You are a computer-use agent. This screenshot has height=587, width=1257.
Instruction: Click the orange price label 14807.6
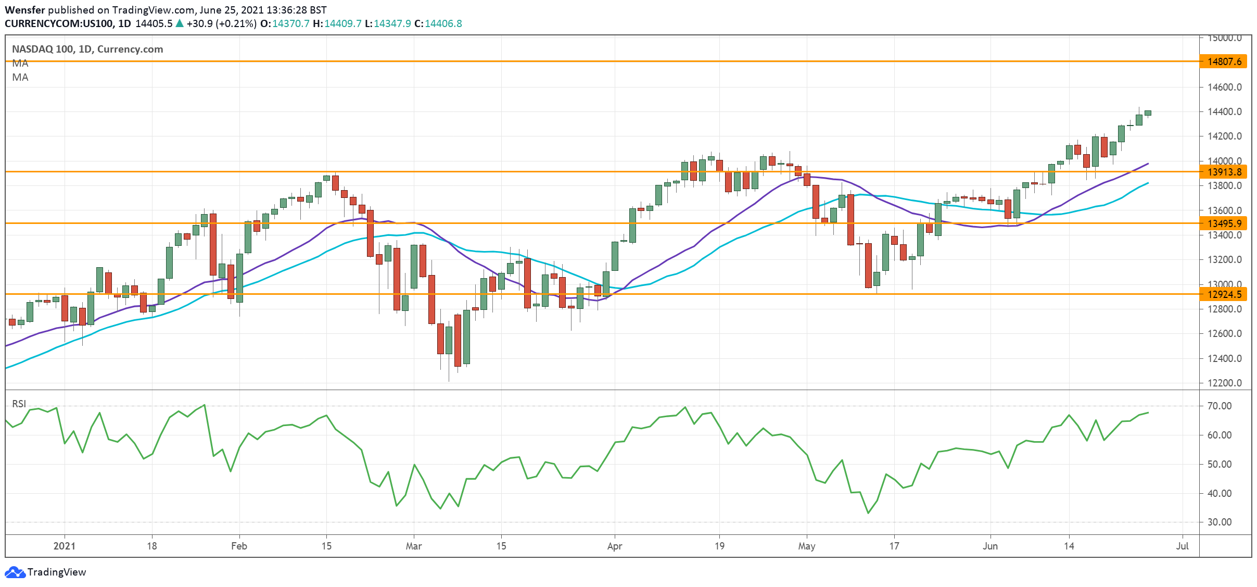point(1224,61)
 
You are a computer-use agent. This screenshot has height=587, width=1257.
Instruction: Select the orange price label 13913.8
point(1224,172)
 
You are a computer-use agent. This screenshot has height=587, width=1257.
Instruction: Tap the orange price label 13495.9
point(1224,223)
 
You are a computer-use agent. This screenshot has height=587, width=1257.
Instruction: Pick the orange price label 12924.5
point(1224,294)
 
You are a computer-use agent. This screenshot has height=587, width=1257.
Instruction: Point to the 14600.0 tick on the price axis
point(1224,87)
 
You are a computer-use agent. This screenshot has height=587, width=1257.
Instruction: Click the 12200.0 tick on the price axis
point(1224,383)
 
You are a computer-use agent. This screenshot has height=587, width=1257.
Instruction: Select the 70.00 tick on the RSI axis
point(1219,406)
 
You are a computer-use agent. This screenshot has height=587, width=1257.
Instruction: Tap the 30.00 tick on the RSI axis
point(1219,522)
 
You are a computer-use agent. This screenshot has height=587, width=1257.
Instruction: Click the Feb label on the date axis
point(239,546)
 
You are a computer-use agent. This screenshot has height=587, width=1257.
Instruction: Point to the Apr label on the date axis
point(615,546)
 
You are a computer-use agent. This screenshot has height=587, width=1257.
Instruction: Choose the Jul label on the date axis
point(1183,546)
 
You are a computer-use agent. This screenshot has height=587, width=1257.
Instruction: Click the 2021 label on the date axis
point(65,546)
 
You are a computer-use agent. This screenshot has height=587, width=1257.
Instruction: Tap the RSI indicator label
point(19,404)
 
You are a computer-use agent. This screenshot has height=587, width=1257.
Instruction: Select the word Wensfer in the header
point(25,10)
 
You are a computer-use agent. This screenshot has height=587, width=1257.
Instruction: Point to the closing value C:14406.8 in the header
point(438,23)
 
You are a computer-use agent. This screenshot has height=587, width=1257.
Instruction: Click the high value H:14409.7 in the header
point(337,23)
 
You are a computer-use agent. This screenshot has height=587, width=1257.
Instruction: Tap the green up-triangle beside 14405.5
point(180,23)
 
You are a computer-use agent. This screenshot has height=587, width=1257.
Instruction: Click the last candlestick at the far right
point(1148,113)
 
